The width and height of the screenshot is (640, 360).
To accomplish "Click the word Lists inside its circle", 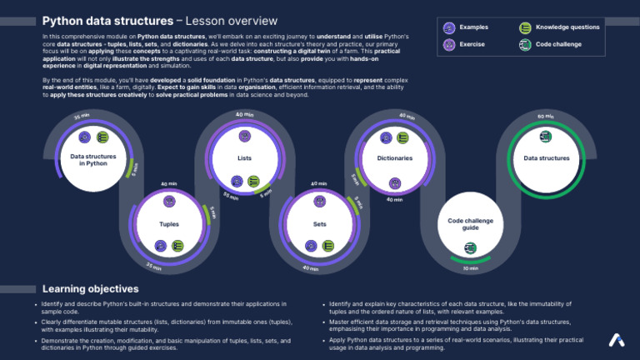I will click(244, 157).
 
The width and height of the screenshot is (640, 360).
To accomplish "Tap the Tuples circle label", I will click(169, 224).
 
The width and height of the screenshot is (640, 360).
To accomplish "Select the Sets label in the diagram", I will click(319, 224).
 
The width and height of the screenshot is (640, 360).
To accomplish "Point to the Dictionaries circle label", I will click(394, 157).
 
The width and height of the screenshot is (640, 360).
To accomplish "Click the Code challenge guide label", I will click(470, 223).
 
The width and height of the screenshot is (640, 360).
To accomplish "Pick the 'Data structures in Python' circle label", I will click(93, 159).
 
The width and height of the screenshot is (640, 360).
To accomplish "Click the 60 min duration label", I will click(546, 117).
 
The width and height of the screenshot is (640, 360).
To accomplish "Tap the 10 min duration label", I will click(470, 268).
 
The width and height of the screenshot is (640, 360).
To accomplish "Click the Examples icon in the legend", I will click(449, 27).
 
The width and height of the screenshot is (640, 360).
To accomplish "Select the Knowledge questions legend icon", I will click(524, 27).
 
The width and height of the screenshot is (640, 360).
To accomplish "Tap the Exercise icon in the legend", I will click(449, 43).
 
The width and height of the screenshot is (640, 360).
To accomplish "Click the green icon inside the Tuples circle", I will click(177, 246).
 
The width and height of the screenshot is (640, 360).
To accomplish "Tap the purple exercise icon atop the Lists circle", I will click(244, 135).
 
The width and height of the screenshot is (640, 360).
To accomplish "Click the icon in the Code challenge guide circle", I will click(470, 247).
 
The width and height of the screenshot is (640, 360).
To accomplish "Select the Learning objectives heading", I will click(90, 288).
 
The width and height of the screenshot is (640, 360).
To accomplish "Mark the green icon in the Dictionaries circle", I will click(402, 137).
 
